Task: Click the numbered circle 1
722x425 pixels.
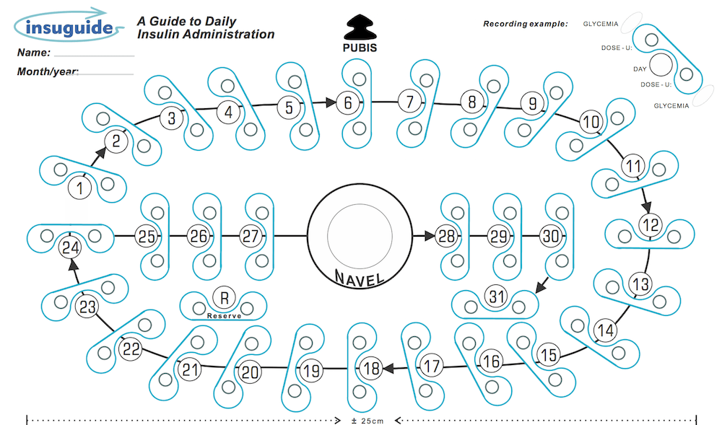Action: click(x=80, y=188)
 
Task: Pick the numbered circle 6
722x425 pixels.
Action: click(x=348, y=103)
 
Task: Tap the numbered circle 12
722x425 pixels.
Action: click(x=651, y=224)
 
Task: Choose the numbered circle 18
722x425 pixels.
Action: click(x=371, y=369)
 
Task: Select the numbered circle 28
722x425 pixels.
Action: click(x=446, y=236)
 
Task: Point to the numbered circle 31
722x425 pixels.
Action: click(x=496, y=296)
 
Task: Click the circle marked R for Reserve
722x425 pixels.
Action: click(x=224, y=296)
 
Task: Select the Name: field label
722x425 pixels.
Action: click(x=33, y=53)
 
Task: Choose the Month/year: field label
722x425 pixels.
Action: click(x=47, y=71)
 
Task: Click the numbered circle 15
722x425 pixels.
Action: click(x=549, y=354)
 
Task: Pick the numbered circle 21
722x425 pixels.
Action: click(x=190, y=371)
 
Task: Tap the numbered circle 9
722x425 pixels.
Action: click(x=533, y=104)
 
